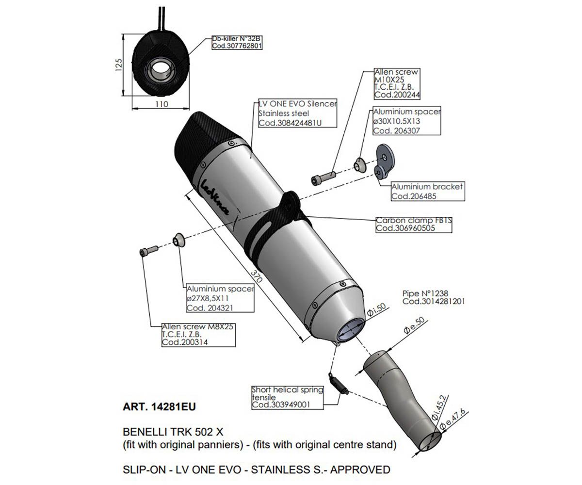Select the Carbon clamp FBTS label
click(x=414, y=220)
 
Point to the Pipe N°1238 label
click(x=425, y=293)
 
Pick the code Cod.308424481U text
click(x=290, y=123)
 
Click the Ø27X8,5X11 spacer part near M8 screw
click(x=178, y=240)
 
